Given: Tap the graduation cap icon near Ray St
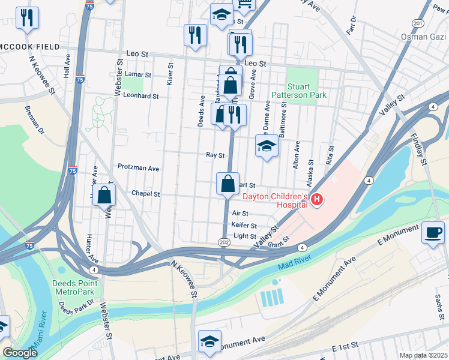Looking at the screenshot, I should click(267, 146).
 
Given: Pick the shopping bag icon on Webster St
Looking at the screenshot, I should click(104, 194).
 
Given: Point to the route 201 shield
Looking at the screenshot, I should click(418, 23).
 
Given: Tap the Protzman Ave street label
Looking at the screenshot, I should click(138, 168).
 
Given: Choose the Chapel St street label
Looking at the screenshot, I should click(146, 194).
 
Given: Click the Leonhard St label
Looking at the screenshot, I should click(140, 95).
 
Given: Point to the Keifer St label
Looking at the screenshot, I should click(244, 225).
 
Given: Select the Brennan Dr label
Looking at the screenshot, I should click(35, 119).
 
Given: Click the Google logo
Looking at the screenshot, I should click(20, 353).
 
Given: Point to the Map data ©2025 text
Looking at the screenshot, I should click(423, 355).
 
